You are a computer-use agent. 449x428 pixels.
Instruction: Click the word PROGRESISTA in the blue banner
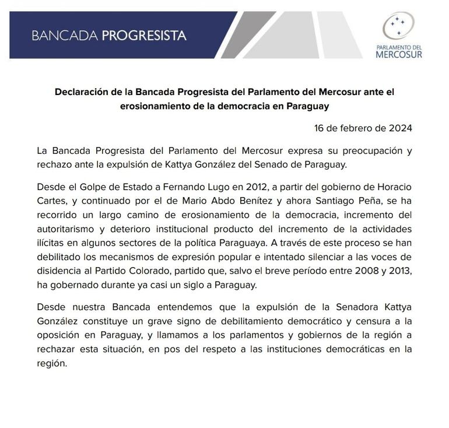click(x=144, y=35)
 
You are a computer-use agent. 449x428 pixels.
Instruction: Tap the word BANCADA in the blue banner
click(x=65, y=35)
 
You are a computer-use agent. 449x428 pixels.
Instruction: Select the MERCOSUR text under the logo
click(x=398, y=54)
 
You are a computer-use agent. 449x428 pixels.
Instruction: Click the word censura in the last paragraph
click(x=367, y=321)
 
